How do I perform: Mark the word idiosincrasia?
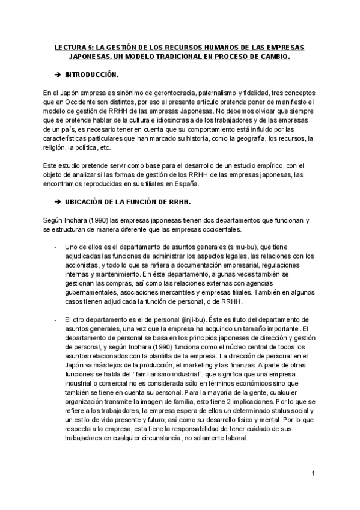(164, 120)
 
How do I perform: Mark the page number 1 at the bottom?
(314, 474)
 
